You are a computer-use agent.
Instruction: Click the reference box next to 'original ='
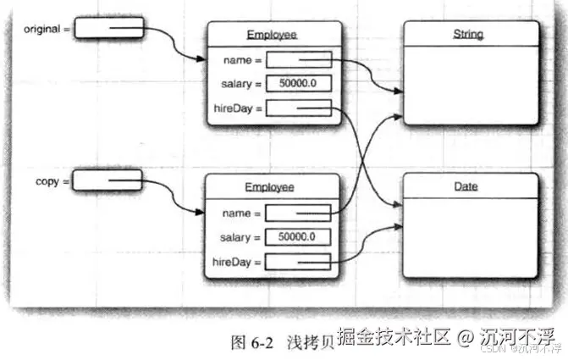109,29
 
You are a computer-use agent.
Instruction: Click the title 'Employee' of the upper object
266,35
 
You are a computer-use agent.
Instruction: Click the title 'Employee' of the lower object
266,186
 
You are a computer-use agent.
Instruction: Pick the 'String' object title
468,35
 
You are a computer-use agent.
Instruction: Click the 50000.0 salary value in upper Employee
297,84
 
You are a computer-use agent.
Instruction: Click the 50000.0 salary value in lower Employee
297,237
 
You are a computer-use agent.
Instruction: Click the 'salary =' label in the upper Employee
240,84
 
